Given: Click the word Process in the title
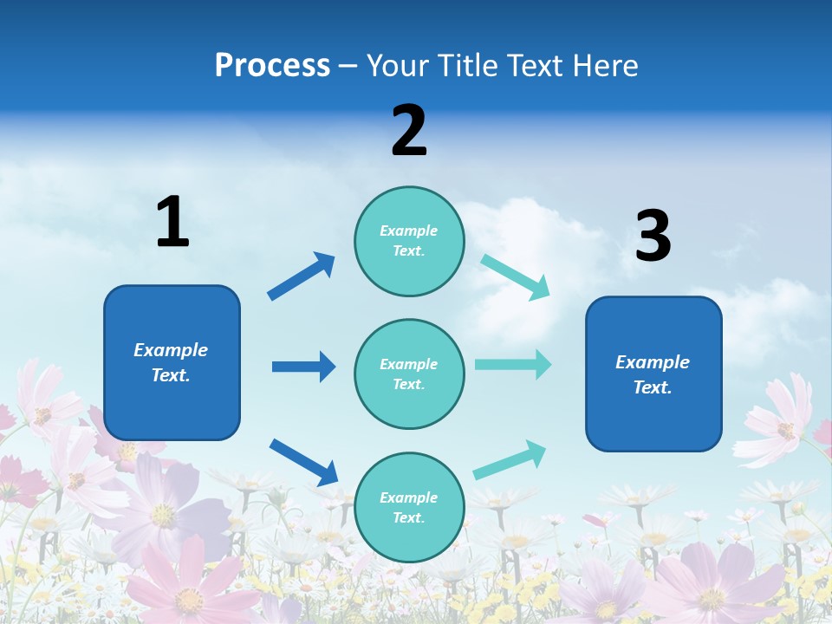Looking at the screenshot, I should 272,66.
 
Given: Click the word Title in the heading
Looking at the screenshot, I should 463,66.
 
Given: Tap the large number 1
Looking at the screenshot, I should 172,223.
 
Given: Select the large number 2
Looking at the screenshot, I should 409,131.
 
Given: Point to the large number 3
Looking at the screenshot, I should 653,237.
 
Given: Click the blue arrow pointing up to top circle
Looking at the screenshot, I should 302,276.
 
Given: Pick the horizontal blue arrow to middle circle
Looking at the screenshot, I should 303,367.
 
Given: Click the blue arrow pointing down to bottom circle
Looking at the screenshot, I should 303,462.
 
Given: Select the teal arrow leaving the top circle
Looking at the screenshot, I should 516,276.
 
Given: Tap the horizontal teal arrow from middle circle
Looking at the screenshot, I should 513,364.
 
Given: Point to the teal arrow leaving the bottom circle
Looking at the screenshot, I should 510,460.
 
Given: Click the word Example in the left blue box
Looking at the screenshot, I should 171,350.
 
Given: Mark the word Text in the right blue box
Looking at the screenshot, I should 651,387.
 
